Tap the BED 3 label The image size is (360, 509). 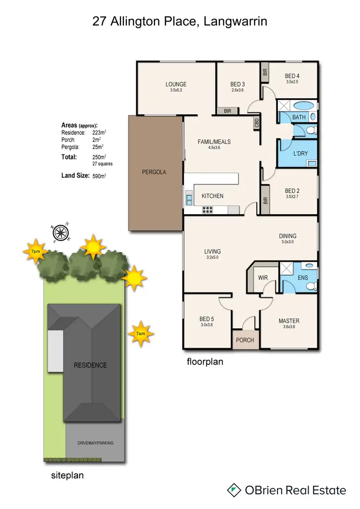238,85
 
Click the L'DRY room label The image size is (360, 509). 300,153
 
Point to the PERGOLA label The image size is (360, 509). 154,172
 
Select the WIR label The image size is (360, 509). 263,278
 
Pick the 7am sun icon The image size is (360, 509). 141,333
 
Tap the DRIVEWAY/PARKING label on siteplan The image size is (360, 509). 96,443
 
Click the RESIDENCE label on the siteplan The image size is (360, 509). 90,365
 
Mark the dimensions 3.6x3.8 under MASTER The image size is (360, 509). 289,328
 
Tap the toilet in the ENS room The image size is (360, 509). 311,286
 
